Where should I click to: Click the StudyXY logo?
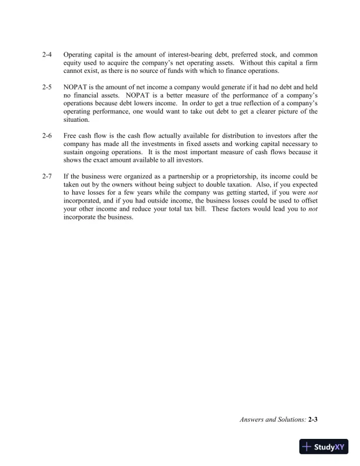pyautogui.click(x=324, y=447)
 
